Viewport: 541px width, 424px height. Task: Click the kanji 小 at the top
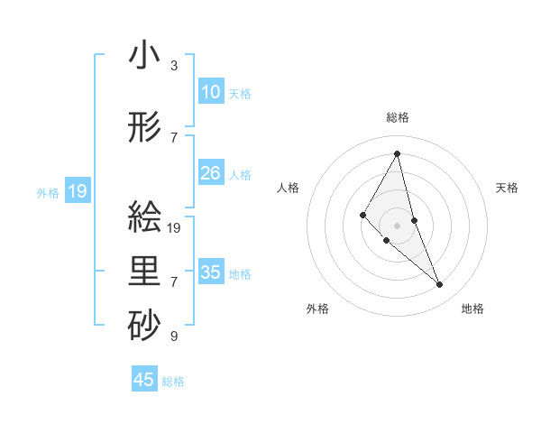click(x=144, y=57)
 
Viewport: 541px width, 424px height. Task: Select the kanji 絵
click(x=144, y=217)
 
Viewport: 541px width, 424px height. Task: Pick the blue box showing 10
click(x=211, y=92)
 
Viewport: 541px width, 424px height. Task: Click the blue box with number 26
click(x=211, y=173)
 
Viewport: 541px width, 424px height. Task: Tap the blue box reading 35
click(x=211, y=272)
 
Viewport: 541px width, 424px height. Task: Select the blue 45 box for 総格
click(x=144, y=380)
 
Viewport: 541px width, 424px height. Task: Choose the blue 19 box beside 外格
click(x=77, y=190)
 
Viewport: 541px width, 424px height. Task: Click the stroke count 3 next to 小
click(x=174, y=66)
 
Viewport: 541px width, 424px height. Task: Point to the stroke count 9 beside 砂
click(x=174, y=336)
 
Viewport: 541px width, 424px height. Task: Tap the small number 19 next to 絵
click(x=175, y=228)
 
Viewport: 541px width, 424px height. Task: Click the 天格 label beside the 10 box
click(x=240, y=93)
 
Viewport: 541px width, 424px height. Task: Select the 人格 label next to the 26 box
click(x=240, y=174)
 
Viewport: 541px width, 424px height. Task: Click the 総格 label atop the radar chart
click(x=397, y=117)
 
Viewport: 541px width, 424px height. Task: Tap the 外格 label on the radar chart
click(x=317, y=309)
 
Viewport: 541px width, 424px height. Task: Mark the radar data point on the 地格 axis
click(x=440, y=285)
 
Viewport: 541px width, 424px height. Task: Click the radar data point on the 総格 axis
click(x=397, y=153)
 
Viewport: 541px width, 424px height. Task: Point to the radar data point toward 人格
click(x=363, y=214)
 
